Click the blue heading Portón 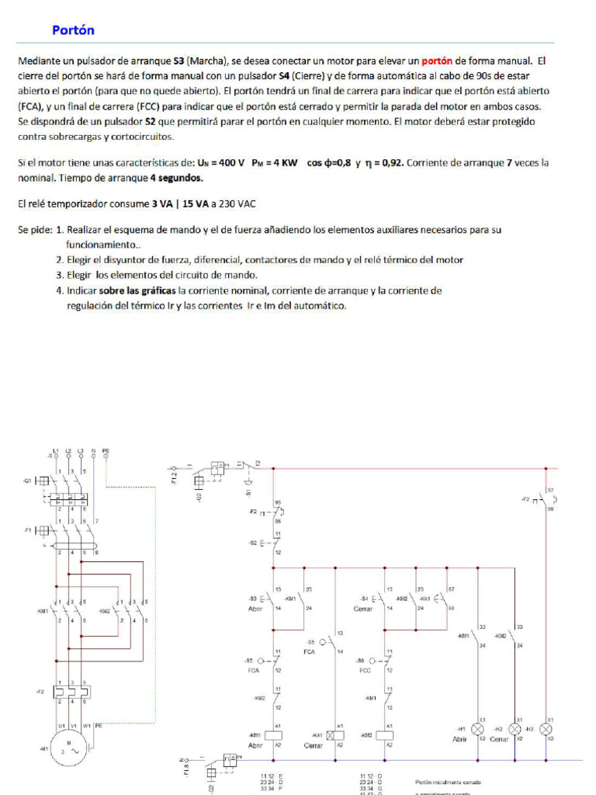(x=73, y=30)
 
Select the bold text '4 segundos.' (x=176, y=178)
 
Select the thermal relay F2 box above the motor (x=71, y=690)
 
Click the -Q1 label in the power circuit (x=28, y=481)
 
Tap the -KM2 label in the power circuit (x=106, y=610)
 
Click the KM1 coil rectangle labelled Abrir (x=273, y=734)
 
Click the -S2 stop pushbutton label (x=253, y=543)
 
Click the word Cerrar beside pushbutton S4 (x=363, y=609)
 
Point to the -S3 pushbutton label (x=252, y=599)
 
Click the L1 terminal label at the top (x=55, y=450)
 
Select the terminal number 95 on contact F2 (x=278, y=502)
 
